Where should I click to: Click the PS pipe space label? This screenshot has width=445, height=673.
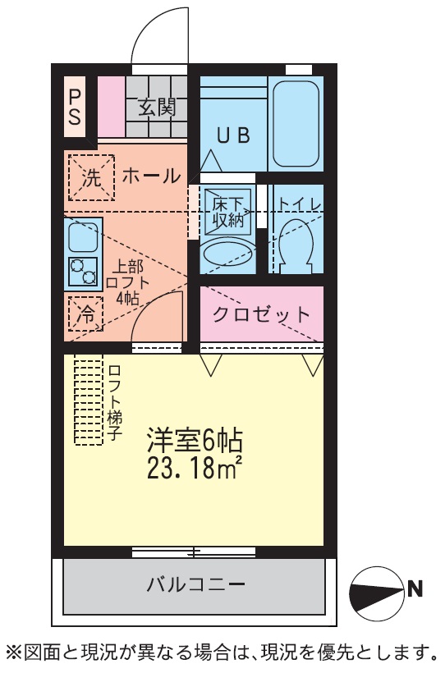(75, 107)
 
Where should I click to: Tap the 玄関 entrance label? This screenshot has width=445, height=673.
(157, 107)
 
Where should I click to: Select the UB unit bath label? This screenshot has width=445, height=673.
(233, 135)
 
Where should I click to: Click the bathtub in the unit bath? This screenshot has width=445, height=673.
(296, 124)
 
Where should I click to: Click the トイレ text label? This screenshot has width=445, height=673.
(300, 204)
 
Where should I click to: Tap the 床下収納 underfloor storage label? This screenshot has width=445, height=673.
(227, 212)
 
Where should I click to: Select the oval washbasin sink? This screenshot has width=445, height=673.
(227, 254)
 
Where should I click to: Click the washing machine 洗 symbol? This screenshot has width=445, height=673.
(91, 178)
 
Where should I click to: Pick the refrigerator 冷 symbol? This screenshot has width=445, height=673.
(85, 314)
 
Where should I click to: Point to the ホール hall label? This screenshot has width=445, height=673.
(151, 176)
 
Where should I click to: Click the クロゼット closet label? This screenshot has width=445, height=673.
(261, 314)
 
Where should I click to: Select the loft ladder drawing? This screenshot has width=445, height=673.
(89, 400)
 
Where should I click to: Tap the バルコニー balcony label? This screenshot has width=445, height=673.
(196, 584)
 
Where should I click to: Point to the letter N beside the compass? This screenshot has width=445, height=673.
(415, 589)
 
